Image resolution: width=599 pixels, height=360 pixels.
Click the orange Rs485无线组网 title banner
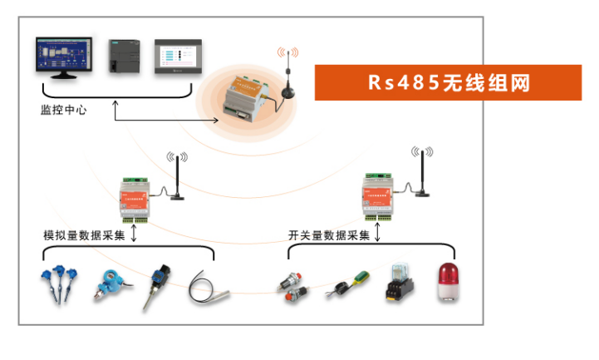(x=448, y=83)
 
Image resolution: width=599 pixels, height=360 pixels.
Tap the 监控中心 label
(x=63, y=109)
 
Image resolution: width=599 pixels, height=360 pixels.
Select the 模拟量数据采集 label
(x=84, y=235)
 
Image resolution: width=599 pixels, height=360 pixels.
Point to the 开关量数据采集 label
(x=328, y=235)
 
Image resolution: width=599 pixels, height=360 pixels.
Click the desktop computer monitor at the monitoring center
(x=64, y=57)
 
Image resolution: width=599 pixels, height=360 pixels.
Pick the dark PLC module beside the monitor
(x=125, y=57)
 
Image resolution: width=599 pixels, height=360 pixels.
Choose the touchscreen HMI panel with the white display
(x=178, y=57)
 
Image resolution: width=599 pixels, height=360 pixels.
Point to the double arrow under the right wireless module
(x=378, y=234)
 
